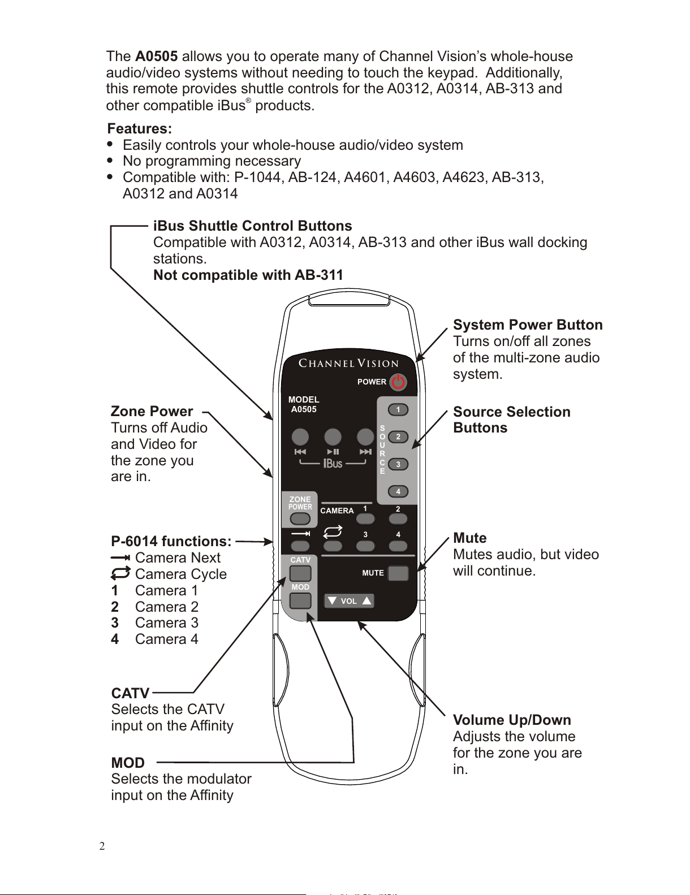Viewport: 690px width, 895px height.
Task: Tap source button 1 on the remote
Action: (x=398, y=409)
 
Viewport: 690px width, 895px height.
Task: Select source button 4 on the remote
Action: (x=398, y=491)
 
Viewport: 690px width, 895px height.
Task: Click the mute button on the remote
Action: (x=398, y=573)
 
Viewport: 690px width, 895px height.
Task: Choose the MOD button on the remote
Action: (x=300, y=600)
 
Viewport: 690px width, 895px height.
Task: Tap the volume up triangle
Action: (x=366, y=601)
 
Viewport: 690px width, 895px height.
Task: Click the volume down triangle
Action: (x=332, y=601)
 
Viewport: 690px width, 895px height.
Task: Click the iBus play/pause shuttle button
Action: (x=333, y=437)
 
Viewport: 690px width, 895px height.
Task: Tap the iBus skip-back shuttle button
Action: (x=300, y=437)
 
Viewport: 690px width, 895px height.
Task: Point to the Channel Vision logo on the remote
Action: (x=348, y=364)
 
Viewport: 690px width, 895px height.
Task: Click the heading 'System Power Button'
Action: (x=528, y=325)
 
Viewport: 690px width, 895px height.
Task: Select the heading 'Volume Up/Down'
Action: (x=512, y=720)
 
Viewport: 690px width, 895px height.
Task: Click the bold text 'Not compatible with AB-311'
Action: (x=248, y=275)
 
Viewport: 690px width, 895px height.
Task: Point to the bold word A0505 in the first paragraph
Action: (x=157, y=57)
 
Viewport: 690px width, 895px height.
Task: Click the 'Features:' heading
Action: (x=140, y=129)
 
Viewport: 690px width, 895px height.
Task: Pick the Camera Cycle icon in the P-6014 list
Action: (x=120, y=574)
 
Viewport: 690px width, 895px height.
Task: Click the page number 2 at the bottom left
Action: (x=102, y=846)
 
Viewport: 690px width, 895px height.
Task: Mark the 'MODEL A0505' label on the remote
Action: (x=304, y=404)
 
